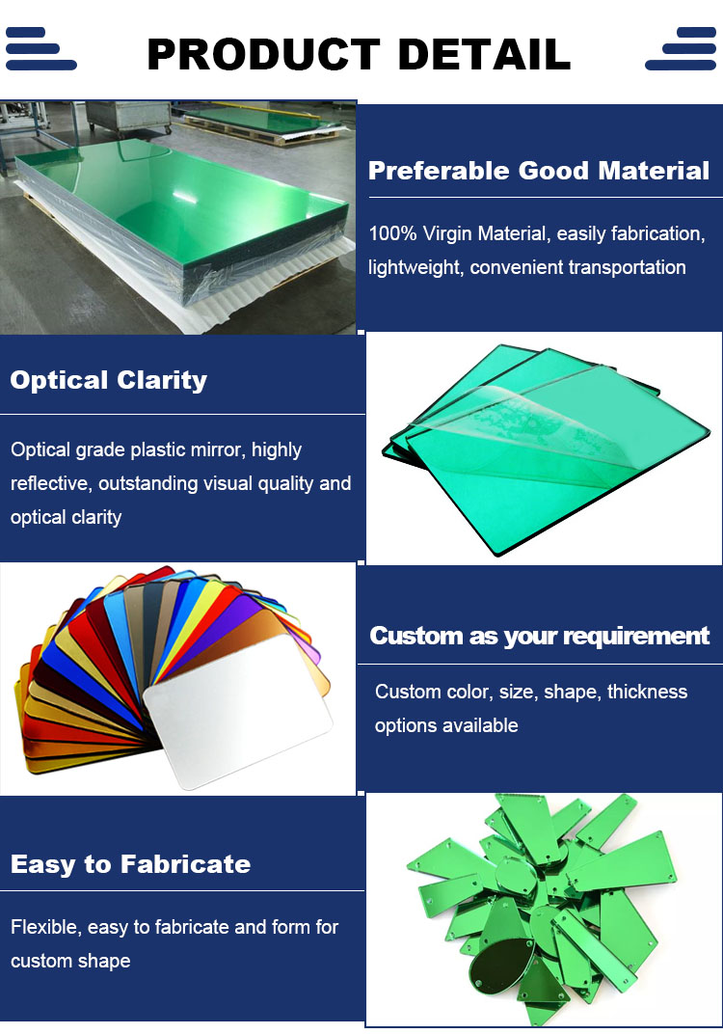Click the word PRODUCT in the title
(263, 54)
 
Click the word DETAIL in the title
(485, 54)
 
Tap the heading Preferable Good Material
(539, 171)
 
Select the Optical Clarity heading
(109, 380)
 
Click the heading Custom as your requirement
(540, 636)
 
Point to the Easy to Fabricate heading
(130, 864)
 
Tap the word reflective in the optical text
(49, 483)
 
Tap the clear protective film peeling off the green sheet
(521, 422)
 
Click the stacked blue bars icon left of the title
(40, 49)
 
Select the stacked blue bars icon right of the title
(681, 49)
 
